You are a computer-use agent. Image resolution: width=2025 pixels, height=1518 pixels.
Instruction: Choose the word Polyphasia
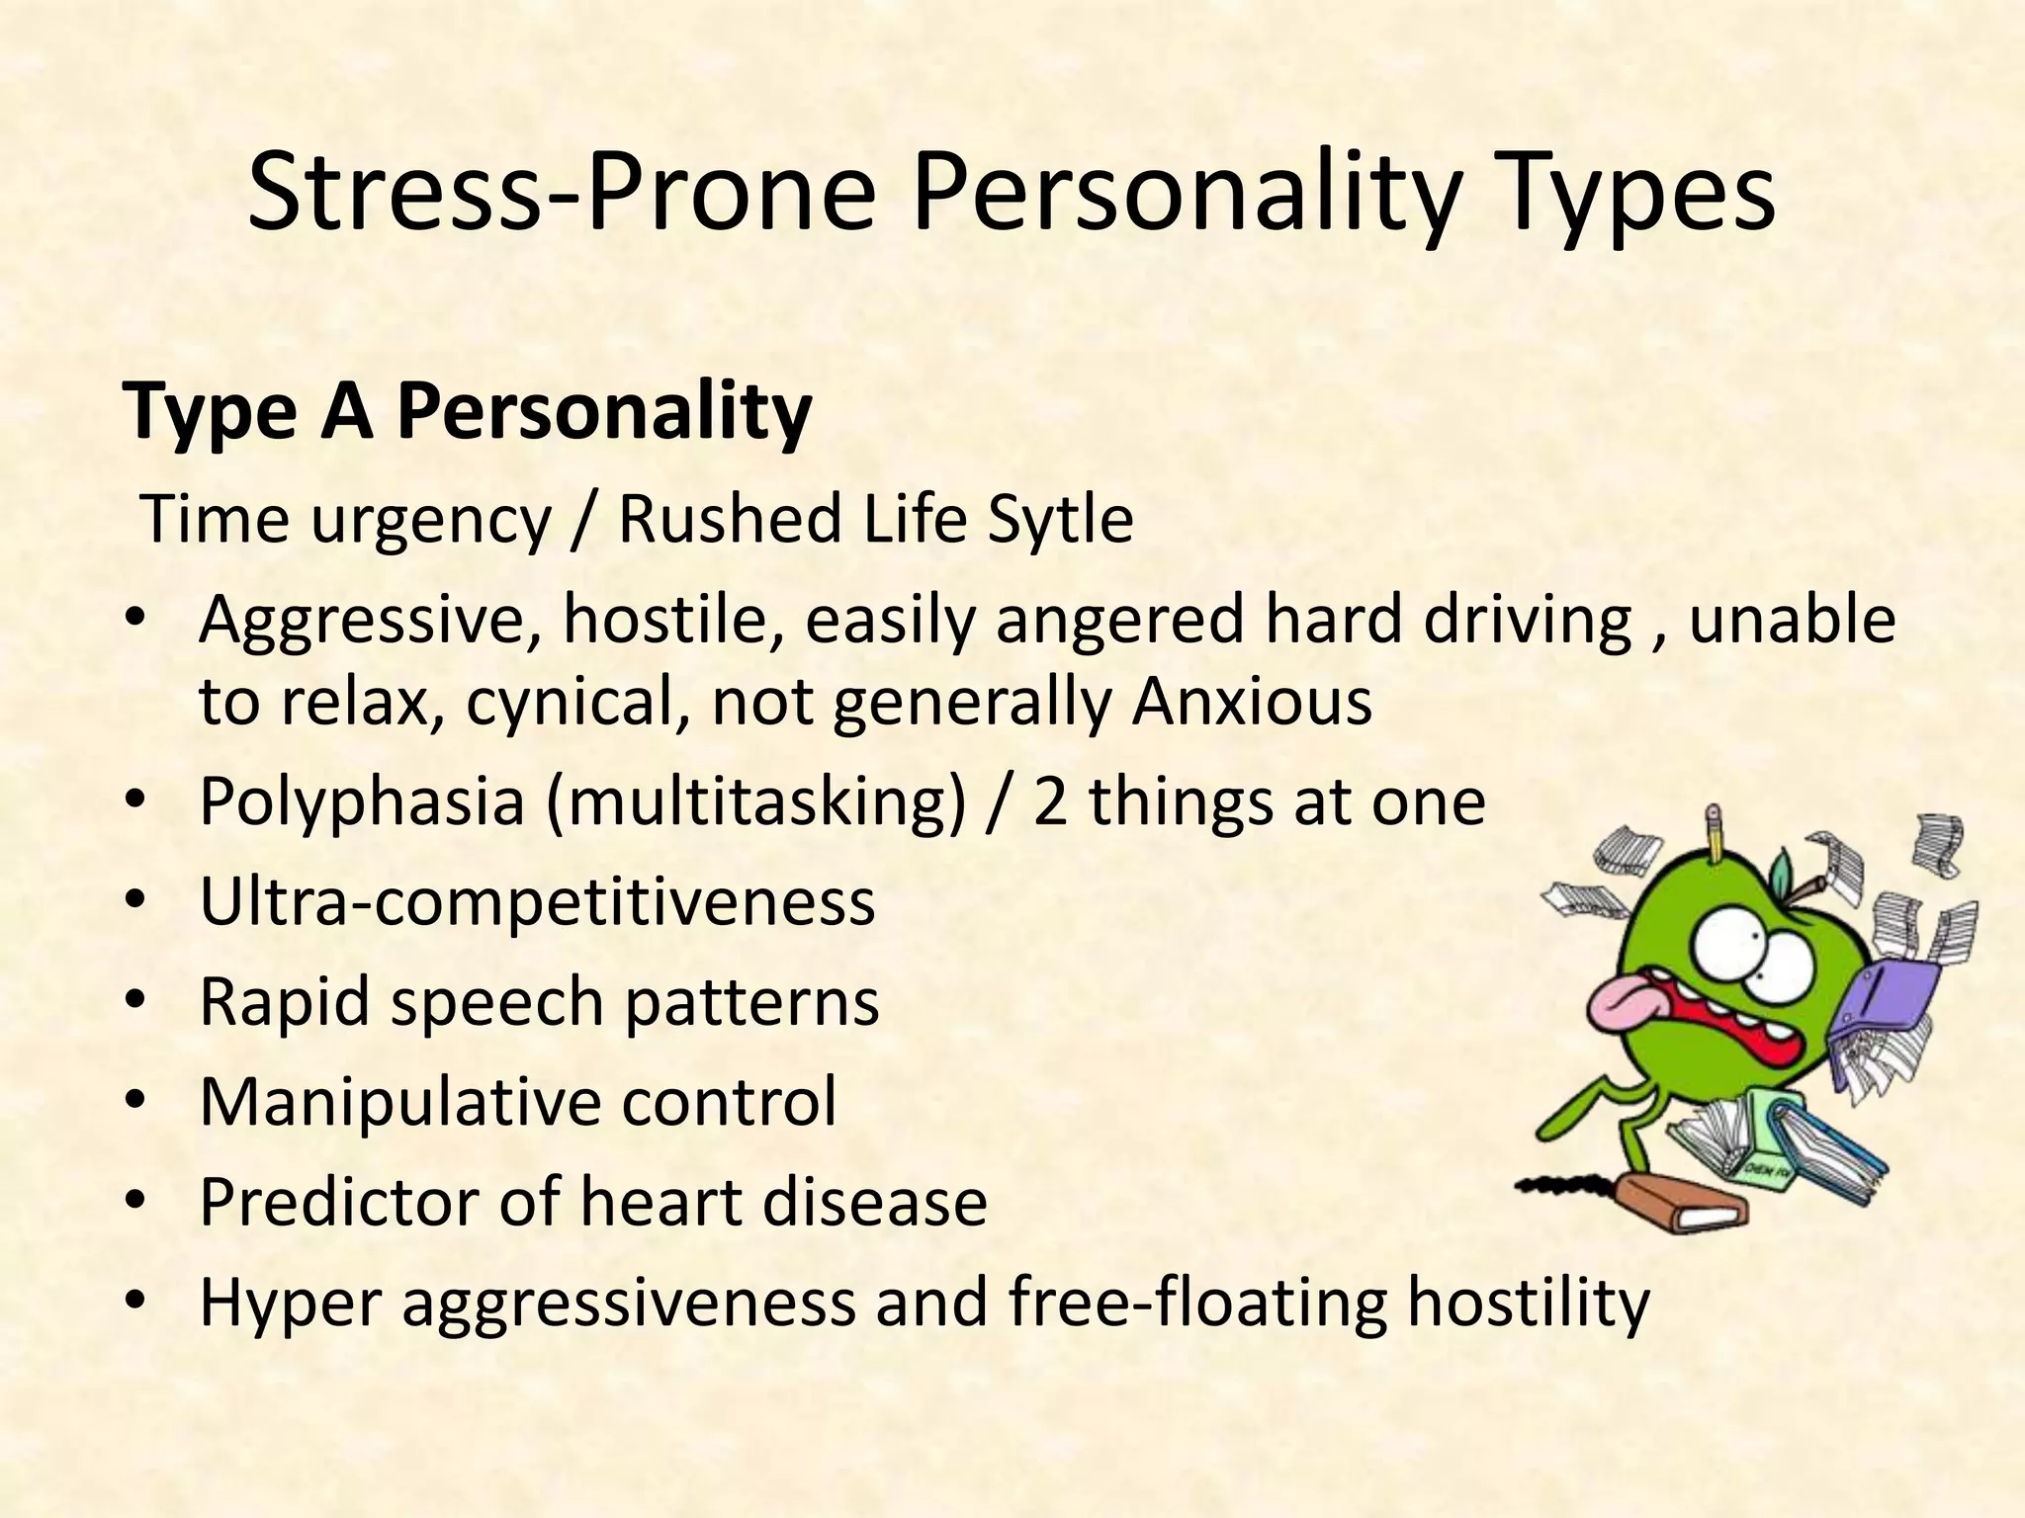coord(362,802)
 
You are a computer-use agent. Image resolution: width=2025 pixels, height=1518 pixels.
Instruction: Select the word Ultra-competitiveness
coord(537,901)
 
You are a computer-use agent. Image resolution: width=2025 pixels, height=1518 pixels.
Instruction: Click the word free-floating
coord(1197,1303)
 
